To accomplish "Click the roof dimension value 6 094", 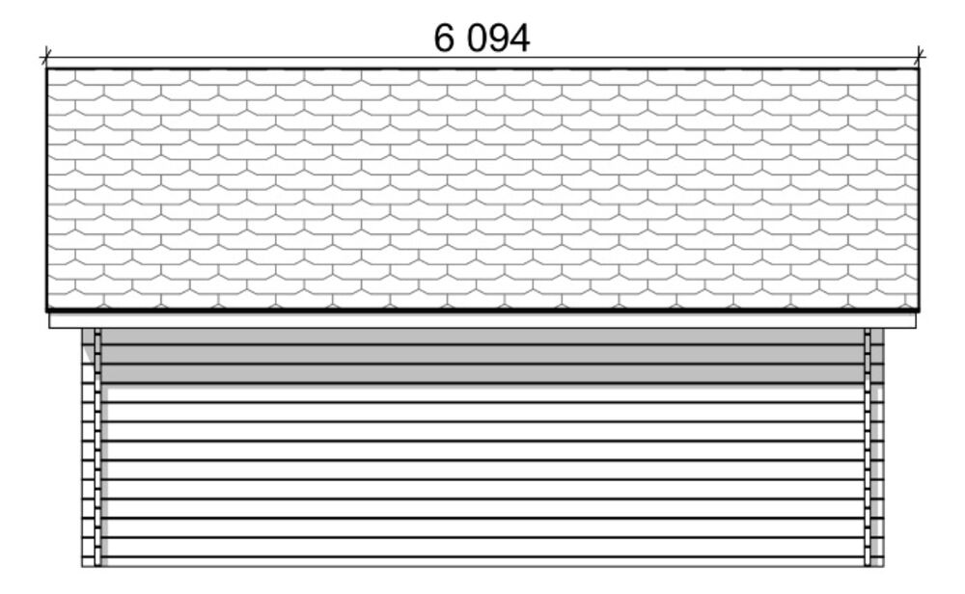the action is [x=482, y=39].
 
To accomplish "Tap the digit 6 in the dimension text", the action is [x=444, y=39].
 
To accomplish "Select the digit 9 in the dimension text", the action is [x=497, y=39].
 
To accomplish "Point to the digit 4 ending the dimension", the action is [x=519, y=39].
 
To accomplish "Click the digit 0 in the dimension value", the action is [x=477, y=39].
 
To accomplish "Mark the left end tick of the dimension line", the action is [x=46, y=59].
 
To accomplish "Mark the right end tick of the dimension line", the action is [x=919, y=59].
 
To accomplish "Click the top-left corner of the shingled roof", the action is [x=46, y=68].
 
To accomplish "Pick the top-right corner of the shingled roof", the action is [x=919, y=68].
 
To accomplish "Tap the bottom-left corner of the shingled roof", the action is [x=46, y=310].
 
